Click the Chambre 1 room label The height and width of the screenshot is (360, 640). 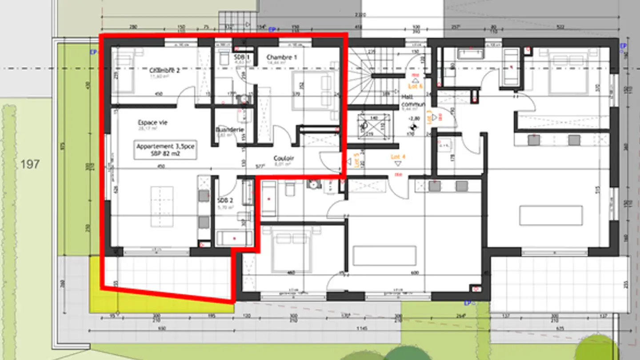tap(281, 57)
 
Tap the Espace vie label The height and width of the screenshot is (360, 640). tap(152, 123)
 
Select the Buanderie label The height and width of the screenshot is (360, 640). tap(229, 130)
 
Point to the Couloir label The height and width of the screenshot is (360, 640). tap(284, 158)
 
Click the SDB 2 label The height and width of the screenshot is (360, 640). tap(224, 201)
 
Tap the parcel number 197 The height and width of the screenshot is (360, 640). tap(30, 164)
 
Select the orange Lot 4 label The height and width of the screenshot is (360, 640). tap(398, 157)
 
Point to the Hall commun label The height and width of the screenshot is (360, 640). tap(413, 100)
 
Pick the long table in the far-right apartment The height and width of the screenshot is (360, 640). tap(551, 216)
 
